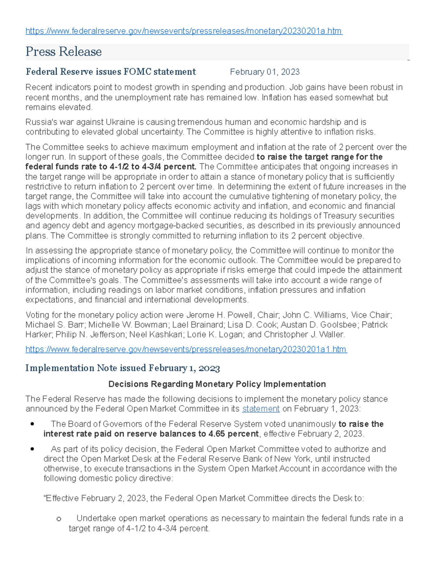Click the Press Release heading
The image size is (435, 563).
[63, 51]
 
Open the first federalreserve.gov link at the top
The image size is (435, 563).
[183, 31]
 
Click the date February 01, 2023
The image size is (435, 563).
[265, 72]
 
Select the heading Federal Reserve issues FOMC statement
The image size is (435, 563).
[111, 72]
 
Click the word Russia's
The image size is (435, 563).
[39, 122]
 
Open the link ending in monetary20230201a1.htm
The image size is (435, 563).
[186, 349]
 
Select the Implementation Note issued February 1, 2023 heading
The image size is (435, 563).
[123, 368]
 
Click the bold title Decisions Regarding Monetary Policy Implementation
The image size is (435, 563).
[217, 384]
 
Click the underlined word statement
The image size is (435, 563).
[261, 409]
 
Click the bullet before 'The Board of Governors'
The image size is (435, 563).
[32, 424]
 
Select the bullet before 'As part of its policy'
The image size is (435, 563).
[32, 449]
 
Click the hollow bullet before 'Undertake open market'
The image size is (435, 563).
[59, 519]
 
